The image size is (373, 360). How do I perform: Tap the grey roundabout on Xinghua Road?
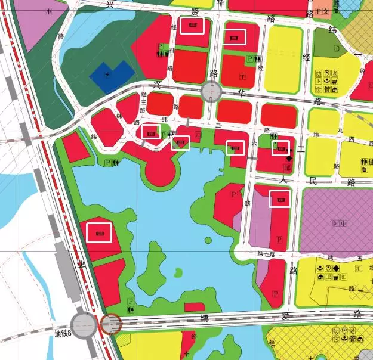(211, 92)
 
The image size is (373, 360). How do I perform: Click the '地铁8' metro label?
(63, 334)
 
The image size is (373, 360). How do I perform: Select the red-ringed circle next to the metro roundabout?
(111, 325)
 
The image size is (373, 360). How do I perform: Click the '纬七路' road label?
(266, 255)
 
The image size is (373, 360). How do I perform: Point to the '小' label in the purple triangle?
(48, 11)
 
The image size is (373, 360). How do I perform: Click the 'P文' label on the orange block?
(323, 11)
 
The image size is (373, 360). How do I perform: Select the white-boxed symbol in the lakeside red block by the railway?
(100, 232)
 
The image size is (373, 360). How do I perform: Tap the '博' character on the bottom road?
(204, 318)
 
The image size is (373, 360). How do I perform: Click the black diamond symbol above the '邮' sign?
(289, 159)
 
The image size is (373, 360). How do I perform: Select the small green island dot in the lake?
(208, 240)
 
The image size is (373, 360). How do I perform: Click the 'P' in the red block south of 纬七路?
(275, 294)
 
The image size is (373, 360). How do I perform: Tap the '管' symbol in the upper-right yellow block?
(327, 90)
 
